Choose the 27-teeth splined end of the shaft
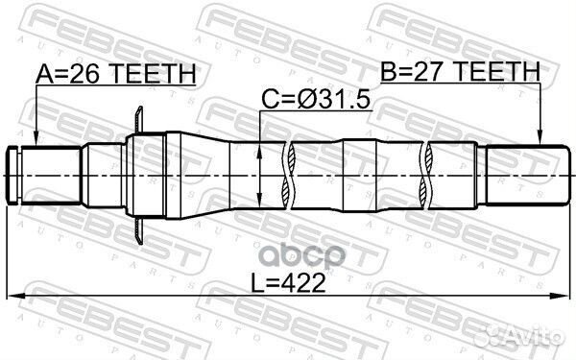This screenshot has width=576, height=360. (x=523, y=174)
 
